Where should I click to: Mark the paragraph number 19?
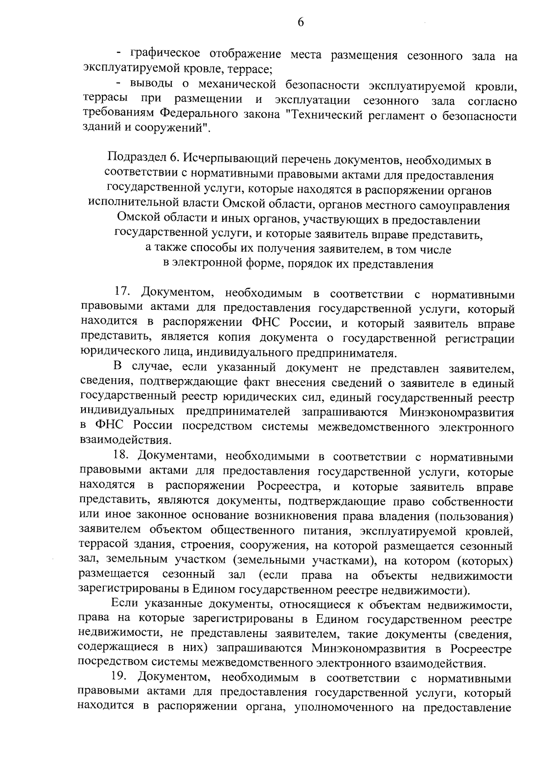pyautogui.click(x=120, y=677)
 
